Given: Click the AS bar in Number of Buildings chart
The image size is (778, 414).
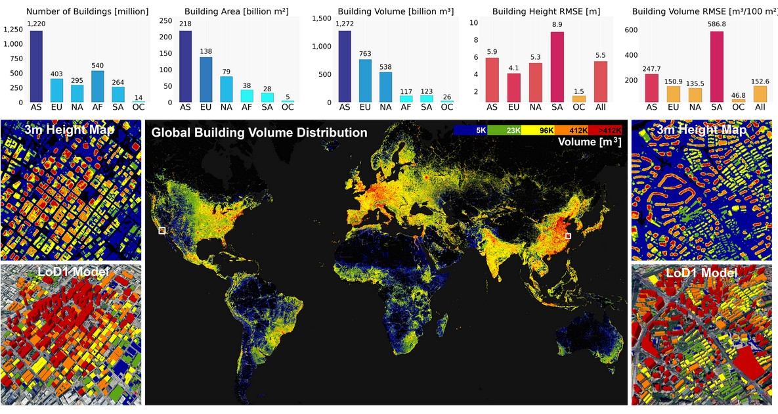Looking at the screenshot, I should point(36,66).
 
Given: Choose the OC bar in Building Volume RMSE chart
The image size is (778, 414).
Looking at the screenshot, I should point(739,100).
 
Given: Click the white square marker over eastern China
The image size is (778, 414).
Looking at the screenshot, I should point(569,235).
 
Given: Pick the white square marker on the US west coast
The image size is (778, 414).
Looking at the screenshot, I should point(162,231).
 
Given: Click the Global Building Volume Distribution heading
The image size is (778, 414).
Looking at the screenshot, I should point(259,132).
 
